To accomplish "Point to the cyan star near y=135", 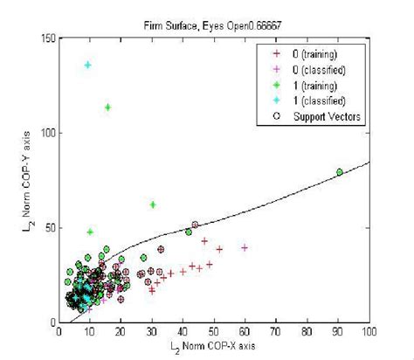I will (88, 66).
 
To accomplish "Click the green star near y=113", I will (107, 107).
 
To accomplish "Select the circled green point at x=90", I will (340, 172).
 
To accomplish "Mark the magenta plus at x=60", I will (245, 247).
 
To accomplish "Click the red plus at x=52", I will (219, 249).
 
